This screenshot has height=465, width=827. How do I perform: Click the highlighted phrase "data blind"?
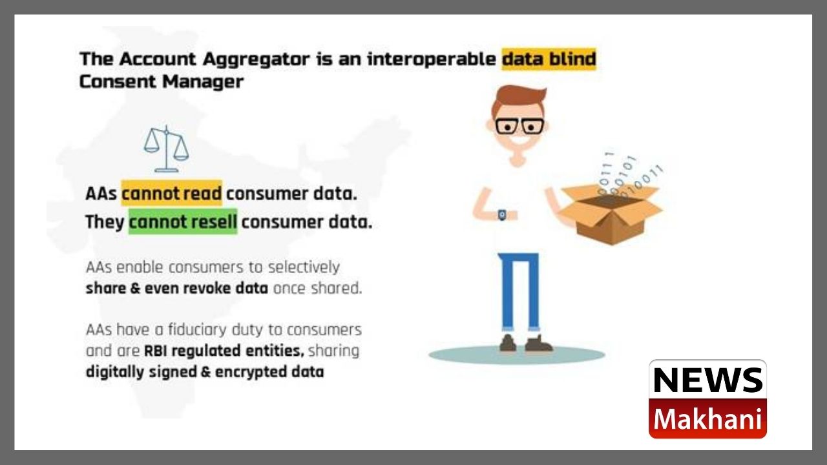point(549,59)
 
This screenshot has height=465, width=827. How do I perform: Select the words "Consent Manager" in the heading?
point(162,81)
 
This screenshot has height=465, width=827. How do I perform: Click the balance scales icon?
point(166,149)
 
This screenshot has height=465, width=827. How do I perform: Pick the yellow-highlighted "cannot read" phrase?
point(172,193)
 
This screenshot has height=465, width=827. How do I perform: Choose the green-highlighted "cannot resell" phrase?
point(183,222)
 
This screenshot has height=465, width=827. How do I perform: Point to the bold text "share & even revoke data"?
point(177,288)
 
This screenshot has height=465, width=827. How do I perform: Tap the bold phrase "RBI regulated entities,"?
point(224,351)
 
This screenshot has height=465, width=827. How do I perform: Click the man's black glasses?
point(519,126)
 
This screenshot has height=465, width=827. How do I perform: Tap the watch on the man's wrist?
point(502,214)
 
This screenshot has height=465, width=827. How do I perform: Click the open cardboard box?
point(611,214)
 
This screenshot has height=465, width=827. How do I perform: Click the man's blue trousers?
point(518,291)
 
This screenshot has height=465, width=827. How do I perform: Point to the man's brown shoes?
point(526,344)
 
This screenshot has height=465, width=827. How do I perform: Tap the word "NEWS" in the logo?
point(707,380)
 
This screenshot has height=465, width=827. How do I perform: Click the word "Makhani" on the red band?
point(707,419)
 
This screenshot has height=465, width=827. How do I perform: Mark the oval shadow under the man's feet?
point(517,355)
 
